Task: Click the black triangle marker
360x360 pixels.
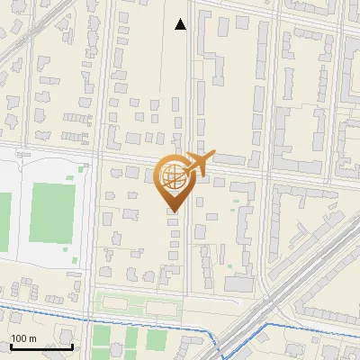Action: click(181, 24)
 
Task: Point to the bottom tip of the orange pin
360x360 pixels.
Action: click(174, 211)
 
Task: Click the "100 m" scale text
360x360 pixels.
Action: click(24, 338)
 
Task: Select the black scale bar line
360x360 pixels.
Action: click(41, 346)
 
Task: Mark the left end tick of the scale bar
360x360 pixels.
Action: click(11, 345)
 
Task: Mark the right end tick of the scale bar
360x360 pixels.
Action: click(72, 345)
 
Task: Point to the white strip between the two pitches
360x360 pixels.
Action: click(18, 209)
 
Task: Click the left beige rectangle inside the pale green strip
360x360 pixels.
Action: click(116, 304)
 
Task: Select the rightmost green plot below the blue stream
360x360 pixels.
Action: click(157, 339)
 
